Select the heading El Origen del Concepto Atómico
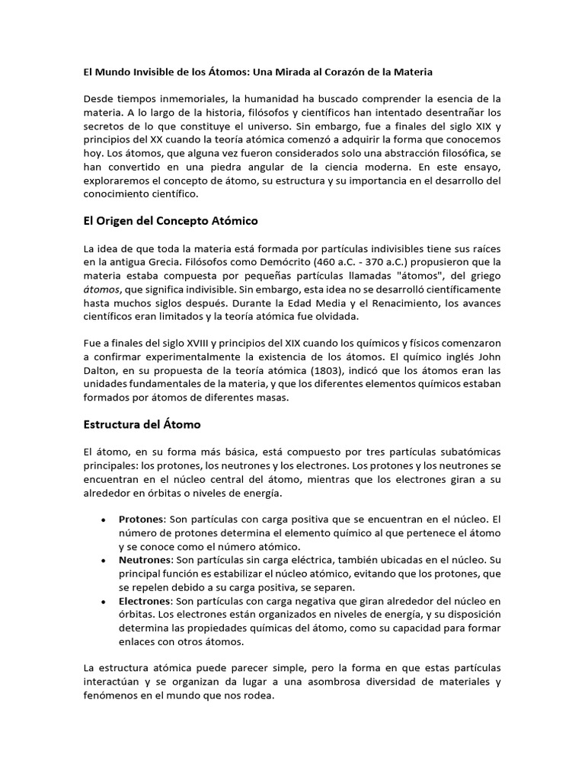(x=170, y=221)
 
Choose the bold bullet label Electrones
(x=146, y=601)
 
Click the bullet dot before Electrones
(x=103, y=602)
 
